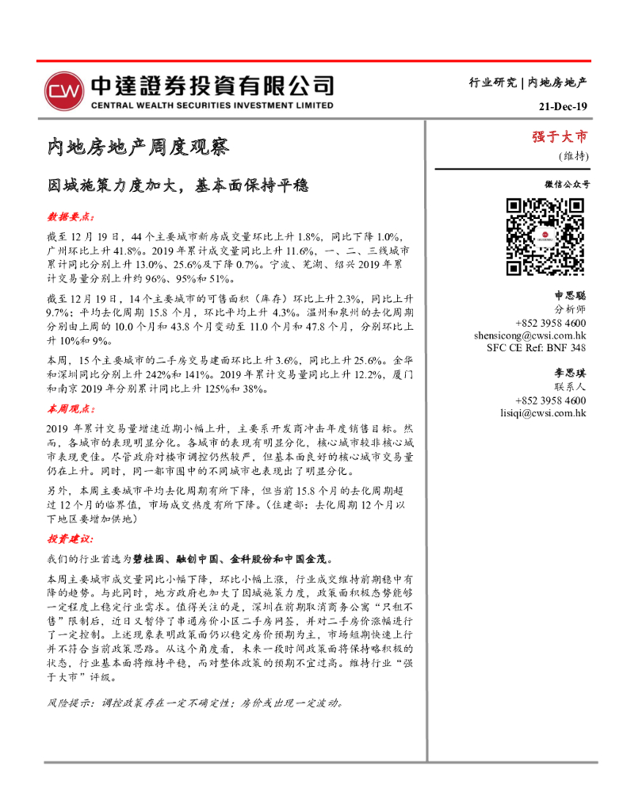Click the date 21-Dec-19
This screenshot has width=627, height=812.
click(x=563, y=107)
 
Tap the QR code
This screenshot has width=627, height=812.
click(x=545, y=236)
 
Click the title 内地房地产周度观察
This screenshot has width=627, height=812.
click(x=138, y=147)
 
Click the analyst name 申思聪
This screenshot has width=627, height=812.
click(x=569, y=295)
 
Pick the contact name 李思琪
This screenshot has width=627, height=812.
click(x=569, y=373)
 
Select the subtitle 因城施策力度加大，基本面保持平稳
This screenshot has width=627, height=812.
click(x=177, y=186)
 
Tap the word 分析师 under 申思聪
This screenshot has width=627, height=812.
click(x=570, y=309)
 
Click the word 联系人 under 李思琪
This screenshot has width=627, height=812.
click(x=570, y=386)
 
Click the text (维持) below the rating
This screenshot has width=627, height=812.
click(x=572, y=155)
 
